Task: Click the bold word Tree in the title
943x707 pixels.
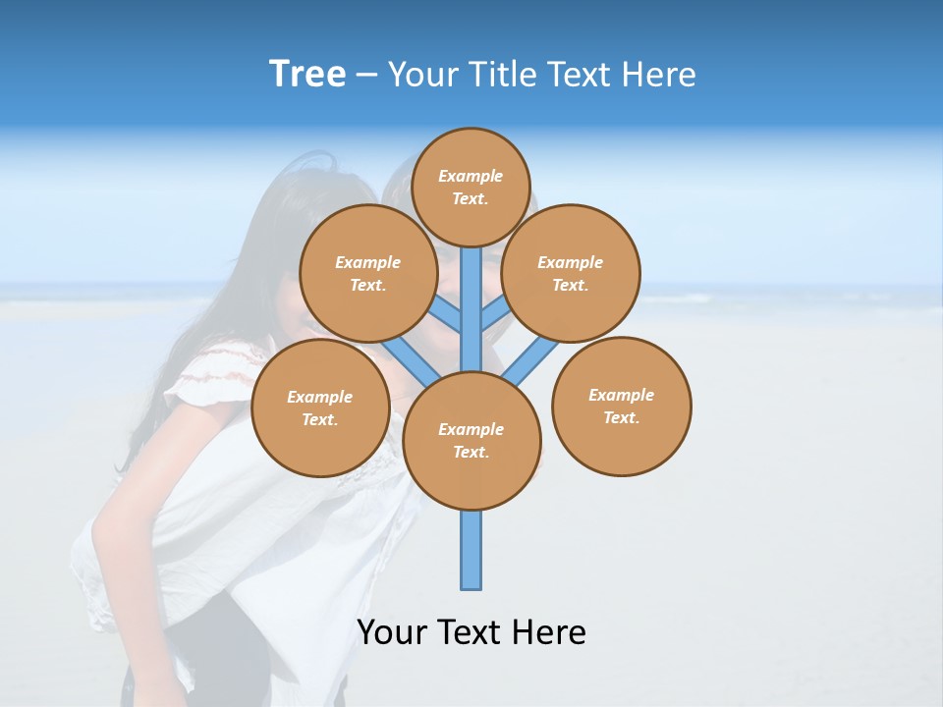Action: [x=307, y=75]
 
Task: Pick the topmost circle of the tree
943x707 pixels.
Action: [x=471, y=187]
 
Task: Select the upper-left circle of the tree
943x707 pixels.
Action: [x=367, y=273]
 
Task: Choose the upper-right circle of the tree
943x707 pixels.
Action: [x=570, y=273]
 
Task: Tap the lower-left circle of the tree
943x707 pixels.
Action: [x=320, y=408]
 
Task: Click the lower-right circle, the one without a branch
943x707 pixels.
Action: [x=621, y=407]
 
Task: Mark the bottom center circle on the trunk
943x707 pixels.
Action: [x=471, y=440]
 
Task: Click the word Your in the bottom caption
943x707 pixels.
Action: [x=390, y=632]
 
